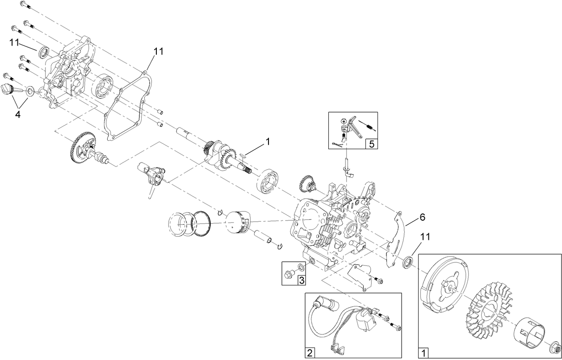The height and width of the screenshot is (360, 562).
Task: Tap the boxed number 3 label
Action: click(x=302, y=280)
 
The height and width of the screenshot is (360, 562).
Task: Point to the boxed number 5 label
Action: click(x=371, y=144)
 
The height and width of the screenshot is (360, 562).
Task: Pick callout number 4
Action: click(x=17, y=115)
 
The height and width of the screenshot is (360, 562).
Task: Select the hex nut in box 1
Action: click(x=552, y=347)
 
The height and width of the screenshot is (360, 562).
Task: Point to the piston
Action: click(x=239, y=221)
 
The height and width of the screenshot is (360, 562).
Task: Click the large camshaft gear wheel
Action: click(x=80, y=148)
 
